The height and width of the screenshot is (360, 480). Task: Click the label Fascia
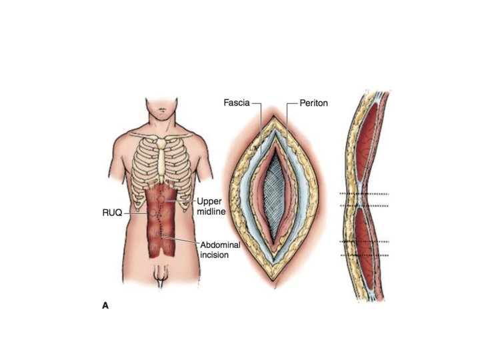237,103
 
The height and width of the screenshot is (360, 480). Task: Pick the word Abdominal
221,245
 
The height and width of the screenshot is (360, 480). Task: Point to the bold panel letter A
105,305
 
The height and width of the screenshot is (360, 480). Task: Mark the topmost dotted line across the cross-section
363,194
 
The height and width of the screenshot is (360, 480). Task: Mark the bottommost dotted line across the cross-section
363,255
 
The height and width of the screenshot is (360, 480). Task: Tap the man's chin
163,113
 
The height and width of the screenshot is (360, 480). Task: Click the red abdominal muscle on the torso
160,233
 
